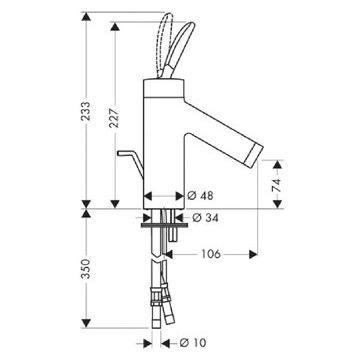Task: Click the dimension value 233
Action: [x=86, y=111]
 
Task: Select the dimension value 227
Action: [x=115, y=117]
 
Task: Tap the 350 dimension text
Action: [x=86, y=268]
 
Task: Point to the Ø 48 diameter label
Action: [x=200, y=196]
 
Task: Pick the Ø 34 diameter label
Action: [x=205, y=218]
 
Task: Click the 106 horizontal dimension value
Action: [x=211, y=254]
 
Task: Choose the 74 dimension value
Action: [x=277, y=184]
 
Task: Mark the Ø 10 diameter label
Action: [x=193, y=342]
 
